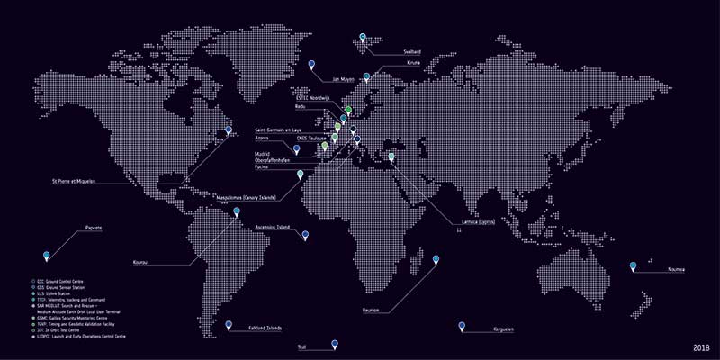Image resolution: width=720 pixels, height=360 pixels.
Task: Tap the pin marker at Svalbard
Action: (363, 38)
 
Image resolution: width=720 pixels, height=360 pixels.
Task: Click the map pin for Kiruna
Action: (366, 77)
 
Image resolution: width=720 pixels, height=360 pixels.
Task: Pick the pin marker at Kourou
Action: (237, 212)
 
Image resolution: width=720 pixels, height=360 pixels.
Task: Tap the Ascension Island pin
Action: (305, 235)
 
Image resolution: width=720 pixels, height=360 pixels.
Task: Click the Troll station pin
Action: (334, 343)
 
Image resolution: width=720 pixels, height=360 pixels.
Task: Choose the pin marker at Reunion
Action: (436, 260)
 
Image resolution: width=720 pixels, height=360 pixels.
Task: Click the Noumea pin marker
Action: (633, 266)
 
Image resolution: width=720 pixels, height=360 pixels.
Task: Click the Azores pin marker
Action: (296, 150)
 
